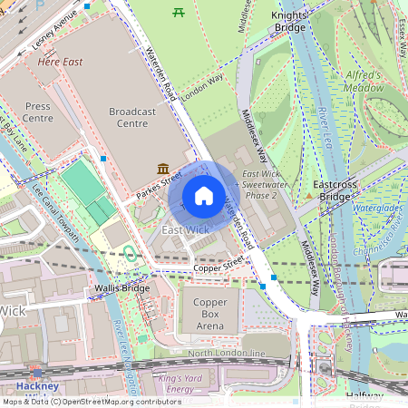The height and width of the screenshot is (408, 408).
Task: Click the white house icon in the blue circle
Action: coord(204,196)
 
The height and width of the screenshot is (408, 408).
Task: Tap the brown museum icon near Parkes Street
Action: coord(161,169)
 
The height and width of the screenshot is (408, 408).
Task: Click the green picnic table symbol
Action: coord(179,12)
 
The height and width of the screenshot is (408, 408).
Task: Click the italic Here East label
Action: coord(60,63)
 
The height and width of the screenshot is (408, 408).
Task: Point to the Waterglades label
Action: coord(377,208)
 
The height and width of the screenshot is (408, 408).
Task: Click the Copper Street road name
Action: coord(219,269)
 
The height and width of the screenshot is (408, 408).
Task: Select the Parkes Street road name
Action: coord(160,182)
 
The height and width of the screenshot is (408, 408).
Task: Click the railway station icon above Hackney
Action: coord(37,372)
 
